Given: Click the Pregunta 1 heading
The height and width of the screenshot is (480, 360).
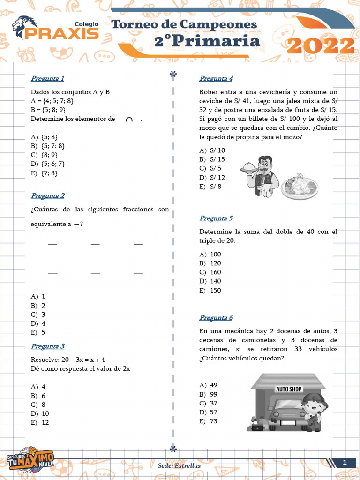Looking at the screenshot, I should coord(47,78).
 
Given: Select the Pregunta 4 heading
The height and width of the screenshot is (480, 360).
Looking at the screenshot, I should coord(216,78).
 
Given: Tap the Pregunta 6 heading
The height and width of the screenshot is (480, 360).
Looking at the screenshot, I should coord(216,318).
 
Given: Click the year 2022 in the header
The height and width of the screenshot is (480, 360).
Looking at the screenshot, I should coord(320,46).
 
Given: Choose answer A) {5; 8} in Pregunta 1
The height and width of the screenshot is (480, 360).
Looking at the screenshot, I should coord(44,137).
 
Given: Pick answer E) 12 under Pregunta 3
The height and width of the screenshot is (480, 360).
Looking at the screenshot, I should coord(40,423).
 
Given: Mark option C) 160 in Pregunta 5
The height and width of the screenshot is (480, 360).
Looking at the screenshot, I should coord(210,272).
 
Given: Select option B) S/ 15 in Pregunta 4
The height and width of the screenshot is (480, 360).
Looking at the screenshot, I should coord(212,159).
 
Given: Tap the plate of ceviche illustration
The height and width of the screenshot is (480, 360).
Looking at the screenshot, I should coord(300,187).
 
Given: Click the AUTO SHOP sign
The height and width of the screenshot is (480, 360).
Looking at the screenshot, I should coord(288,389).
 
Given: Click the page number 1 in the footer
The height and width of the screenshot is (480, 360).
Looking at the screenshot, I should coord(345,463).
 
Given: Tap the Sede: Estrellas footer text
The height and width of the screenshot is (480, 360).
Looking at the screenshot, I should coord(180,466).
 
